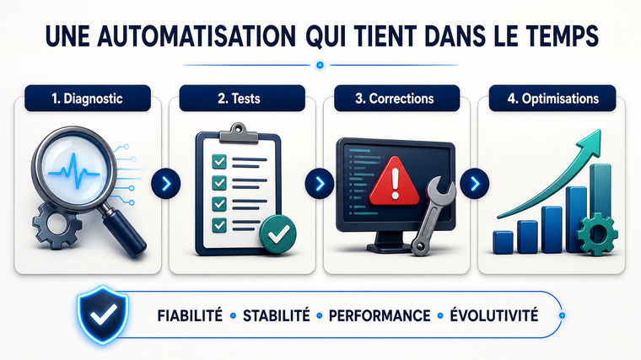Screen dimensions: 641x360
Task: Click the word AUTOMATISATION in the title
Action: pos(197,36)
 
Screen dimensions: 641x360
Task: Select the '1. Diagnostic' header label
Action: pos(88,99)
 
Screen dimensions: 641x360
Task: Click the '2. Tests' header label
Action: pos(242,99)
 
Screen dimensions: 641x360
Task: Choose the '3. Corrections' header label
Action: pos(397,99)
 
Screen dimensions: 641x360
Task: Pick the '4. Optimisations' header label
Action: pos(552,99)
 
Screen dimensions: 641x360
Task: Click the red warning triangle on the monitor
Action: pos(395,182)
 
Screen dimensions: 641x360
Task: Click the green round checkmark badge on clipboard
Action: pos(277,234)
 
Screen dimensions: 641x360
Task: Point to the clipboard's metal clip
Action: pos(239,133)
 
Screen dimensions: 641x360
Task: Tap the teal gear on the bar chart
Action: pos(597,234)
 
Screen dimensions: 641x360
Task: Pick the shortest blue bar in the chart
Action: pos(503,242)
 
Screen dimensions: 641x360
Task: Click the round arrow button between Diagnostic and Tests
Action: pos(165,184)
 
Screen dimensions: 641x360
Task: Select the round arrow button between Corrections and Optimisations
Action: pos(475,184)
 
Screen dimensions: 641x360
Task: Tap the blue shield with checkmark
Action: pos(103,314)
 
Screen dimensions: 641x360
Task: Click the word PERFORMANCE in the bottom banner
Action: pos(380,316)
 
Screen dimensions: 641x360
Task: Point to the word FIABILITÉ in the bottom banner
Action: pos(190,316)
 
